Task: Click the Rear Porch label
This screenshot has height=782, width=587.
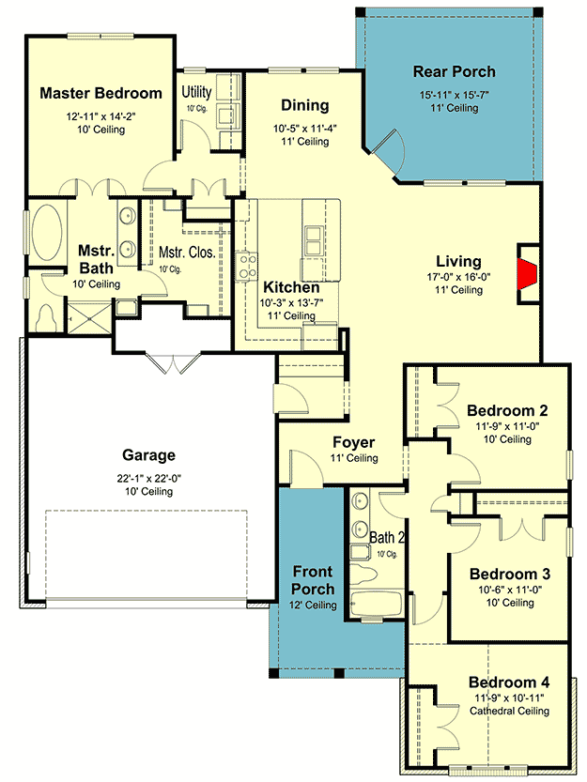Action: (x=455, y=71)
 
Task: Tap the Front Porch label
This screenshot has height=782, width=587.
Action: (x=313, y=580)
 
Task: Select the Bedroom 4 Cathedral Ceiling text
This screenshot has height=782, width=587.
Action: (x=508, y=711)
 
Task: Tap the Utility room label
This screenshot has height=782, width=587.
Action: (x=197, y=92)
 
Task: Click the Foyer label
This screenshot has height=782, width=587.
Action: (x=354, y=442)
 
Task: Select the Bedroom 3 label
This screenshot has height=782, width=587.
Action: (x=508, y=574)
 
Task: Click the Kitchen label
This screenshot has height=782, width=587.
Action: (x=288, y=287)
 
